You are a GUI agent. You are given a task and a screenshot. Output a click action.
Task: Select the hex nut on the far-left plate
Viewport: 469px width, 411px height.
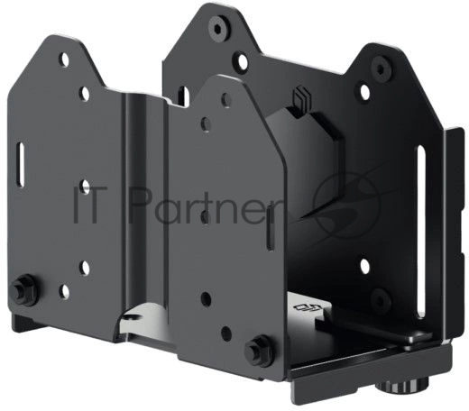click(x=23, y=289)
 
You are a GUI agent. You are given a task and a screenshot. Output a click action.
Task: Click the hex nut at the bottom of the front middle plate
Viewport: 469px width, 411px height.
click(x=258, y=350)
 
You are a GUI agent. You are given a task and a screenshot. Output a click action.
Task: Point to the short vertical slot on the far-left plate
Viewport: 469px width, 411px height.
click(x=21, y=164)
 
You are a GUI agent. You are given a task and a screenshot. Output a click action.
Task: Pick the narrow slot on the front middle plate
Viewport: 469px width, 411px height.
click(x=271, y=227)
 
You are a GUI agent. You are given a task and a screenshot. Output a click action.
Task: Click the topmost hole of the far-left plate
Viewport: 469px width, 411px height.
click(x=64, y=59)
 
